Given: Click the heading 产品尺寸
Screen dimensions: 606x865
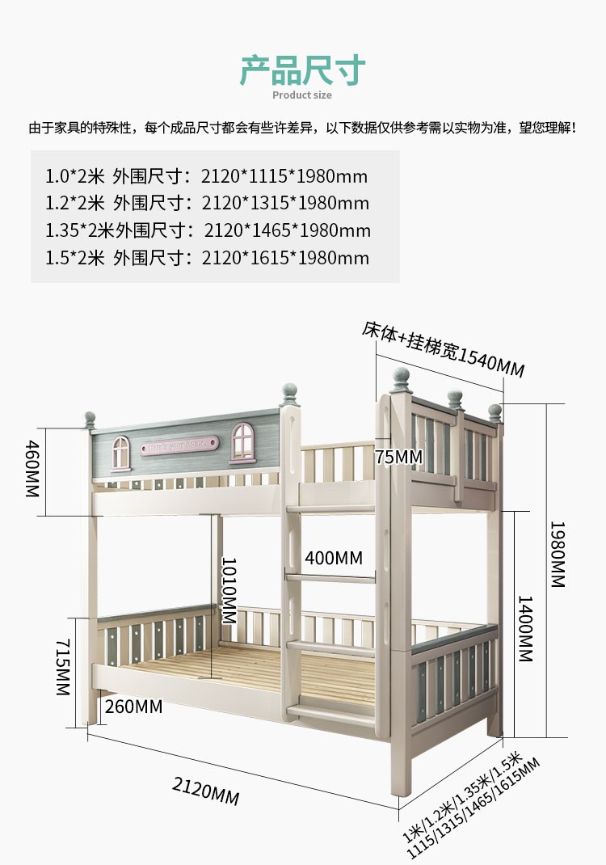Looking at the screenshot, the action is (302, 70).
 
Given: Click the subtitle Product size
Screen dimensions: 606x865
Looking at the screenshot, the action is (302, 95).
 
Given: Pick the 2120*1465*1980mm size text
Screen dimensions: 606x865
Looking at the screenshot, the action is (287, 230).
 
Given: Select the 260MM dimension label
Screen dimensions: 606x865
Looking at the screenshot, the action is (133, 707).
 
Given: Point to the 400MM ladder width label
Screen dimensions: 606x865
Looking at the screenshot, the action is (334, 558).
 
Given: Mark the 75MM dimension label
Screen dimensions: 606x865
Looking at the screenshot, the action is (398, 457).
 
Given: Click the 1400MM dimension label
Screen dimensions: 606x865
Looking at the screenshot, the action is (525, 629).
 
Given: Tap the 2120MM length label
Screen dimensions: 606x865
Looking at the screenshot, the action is (205, 790).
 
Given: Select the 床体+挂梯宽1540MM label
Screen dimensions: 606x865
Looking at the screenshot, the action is (444, 350).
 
